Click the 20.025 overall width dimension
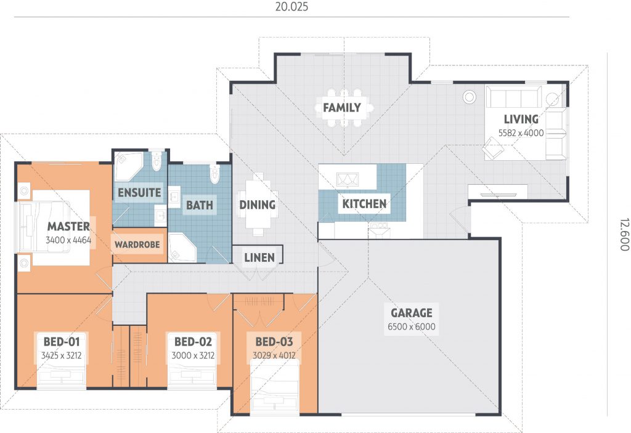pyautogui.click(x=291, y=7)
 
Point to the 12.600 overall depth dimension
pyautogui.click(x=624, y=235)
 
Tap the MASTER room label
pyautogui.click(x=68, y=226)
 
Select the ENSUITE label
pyautogui.click(x=139, y=193)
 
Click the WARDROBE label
pyautogui.click(x=137, y=245)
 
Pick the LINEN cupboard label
pyautogui.click(x=259, y=257)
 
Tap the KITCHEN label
pyautogui.click(x=364, y=204)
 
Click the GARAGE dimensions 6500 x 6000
pyautogui.click(x=411, y=327)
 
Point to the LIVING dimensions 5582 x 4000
pyautogui.click(x=521, y=133)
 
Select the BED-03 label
pyautogui.click(x=274, y=342)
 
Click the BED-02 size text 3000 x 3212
pyautogui.click(x=193, y=356)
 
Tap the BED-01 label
pyautogui.click(x=62, y=342)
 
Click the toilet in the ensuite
pyautogui.click(x=156, y=160)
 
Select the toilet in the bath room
pyautogui.click(x=215, y=174)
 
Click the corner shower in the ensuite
pyautogui.click(x=128, y=166)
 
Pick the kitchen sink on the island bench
pyautogui.click(x=348, y=179)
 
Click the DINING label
pyautogui.click(x=258, y=205)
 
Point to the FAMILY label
pyautogui.click(x=342, y=108)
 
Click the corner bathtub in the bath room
pyautogui.click(x=182, y=248)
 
